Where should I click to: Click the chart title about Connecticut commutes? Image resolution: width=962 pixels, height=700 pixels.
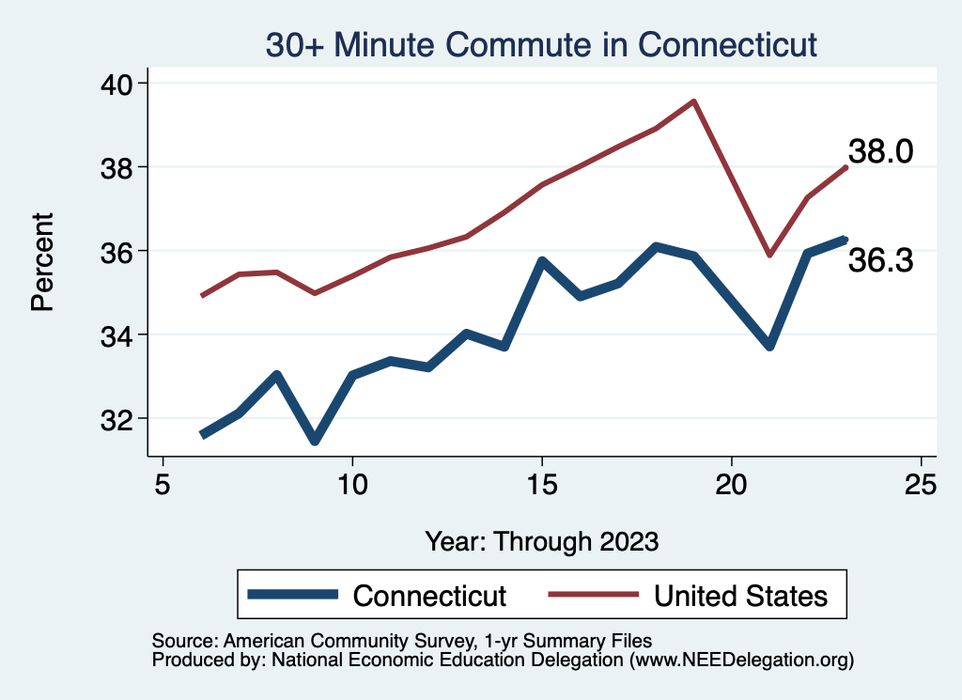pyautogui.click(x=541, y=44)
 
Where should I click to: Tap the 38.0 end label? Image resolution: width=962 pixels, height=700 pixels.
pyautogui.click(x=880, y=151)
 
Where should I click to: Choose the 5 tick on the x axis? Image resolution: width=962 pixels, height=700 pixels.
pyautogui.click(x=163, y=485)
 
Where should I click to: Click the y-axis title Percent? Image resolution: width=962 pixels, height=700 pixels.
pyautogui.click(x=42, y=262)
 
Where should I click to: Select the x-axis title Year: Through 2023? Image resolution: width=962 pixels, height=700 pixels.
pyautogui.click(x=542, y=541)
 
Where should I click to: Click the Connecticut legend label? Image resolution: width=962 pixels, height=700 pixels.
pyautogui.click(x=429, y=596)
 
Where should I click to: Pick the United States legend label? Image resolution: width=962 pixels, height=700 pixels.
pyautogui.click(x=740, y=596)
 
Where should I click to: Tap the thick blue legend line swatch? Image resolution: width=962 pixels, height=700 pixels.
pyautogui.click(x=292, y=595)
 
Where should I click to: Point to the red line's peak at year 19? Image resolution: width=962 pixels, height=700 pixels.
pyautogui.click(x=693, y=101)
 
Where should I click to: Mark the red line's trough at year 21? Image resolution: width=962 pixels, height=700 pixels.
pyautogui.click(x=769, y=255)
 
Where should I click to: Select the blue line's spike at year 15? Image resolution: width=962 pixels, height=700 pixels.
pyautogui.click(x=542, y=260)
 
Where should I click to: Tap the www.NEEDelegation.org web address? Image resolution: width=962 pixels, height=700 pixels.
pyautogui.click(x=741, y=661)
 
